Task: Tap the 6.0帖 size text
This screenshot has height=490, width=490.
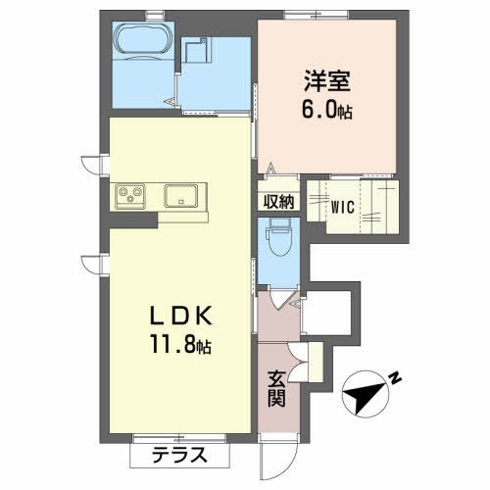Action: click(325, 111)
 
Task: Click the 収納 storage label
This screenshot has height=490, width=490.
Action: click(277, 202)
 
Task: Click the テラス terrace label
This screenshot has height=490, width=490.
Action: click(179, 455)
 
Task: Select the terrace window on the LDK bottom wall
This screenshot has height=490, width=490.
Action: click(171, 435)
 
